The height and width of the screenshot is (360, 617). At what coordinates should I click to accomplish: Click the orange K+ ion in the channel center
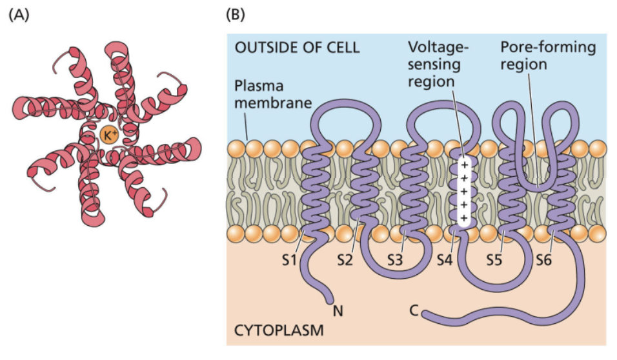point(108,135)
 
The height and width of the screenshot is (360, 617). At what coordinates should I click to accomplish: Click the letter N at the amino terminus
point(336,312)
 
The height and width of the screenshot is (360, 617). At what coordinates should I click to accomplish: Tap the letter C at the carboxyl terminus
point(413,312)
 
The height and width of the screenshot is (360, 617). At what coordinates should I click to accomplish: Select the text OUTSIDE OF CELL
point(296,48)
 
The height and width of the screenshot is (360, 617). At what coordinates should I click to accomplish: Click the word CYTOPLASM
point(279,332)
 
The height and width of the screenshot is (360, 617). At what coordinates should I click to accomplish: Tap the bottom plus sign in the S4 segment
point(462,217)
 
